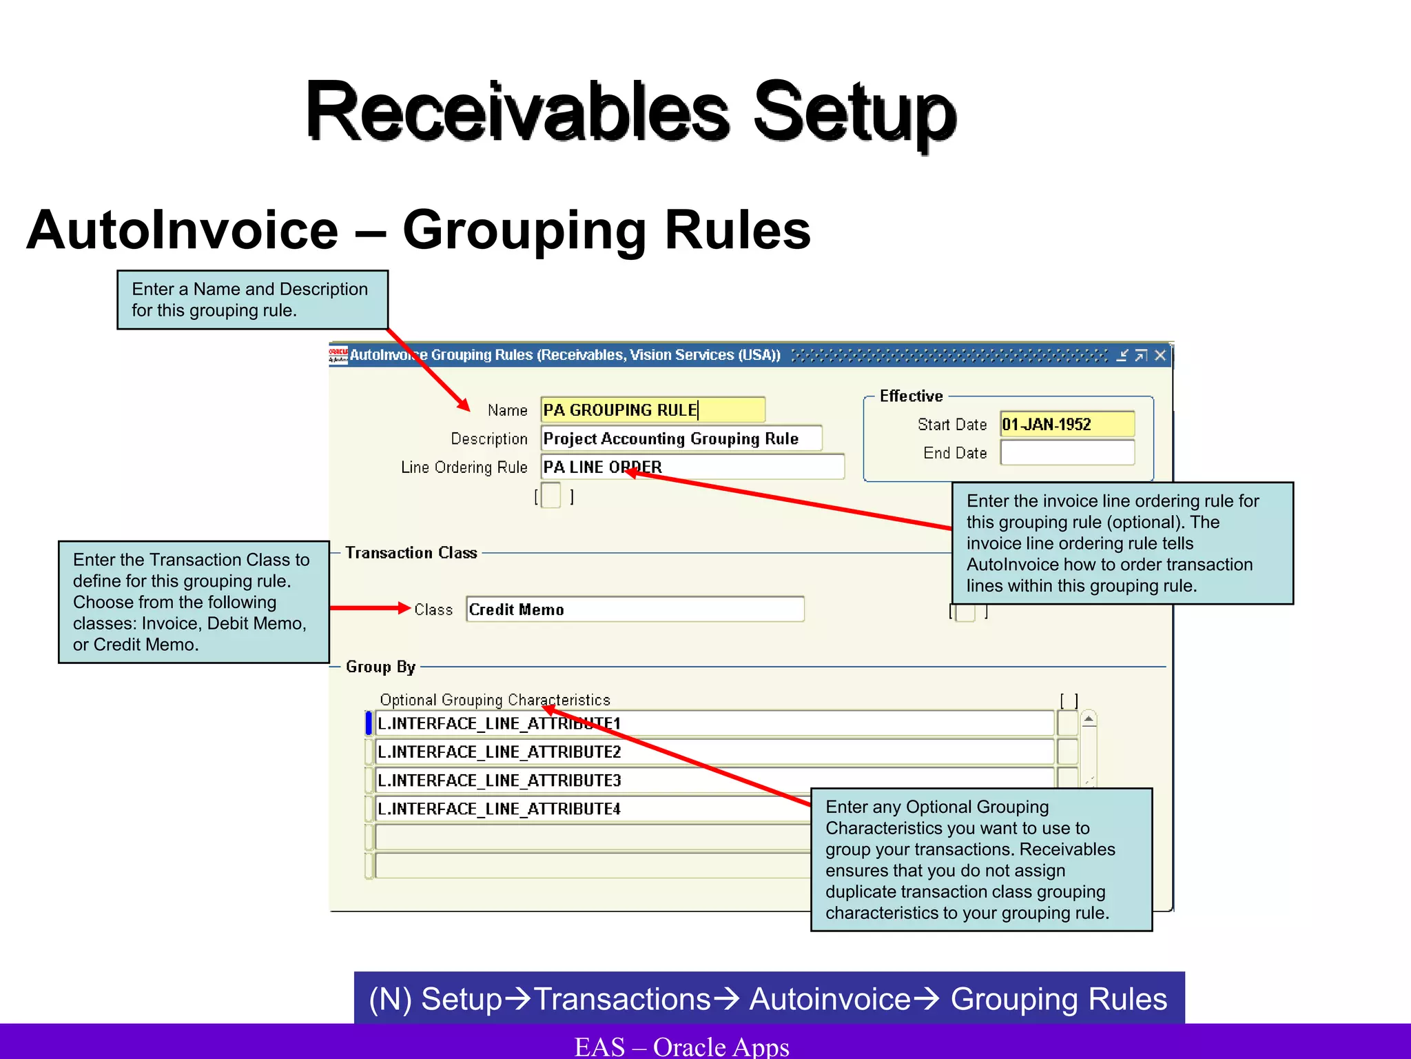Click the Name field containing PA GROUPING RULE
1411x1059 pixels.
[x=652, y=410]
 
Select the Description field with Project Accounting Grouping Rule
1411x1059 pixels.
[x=681, y=438]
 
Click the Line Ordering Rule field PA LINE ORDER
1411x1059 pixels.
[x=692, y=467]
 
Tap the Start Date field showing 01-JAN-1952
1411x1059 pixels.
[x=1067, y=424]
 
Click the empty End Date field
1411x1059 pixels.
[x=1067, y=453]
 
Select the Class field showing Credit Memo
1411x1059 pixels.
[x=635, y=609]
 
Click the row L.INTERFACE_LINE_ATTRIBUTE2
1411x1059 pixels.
[x=714, y=752]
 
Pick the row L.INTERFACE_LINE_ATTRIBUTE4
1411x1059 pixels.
[x=593, y=809]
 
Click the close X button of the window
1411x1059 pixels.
[x=1160, y=355]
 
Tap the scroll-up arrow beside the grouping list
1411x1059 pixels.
[x=1089, y=720]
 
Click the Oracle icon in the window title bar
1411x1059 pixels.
[x=338, y=355]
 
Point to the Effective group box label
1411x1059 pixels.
[x=911, y=396]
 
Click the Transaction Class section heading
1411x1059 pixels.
[x=411, y=553]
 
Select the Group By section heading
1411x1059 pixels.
[x=380, y=667]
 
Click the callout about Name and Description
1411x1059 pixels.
[x=252, y=300]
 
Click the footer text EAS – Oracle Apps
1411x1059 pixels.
[x=681, y=1046]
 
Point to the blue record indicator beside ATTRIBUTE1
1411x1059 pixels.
[x=369, y=723]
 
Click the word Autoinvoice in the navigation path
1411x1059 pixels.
[x=830, y=999]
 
